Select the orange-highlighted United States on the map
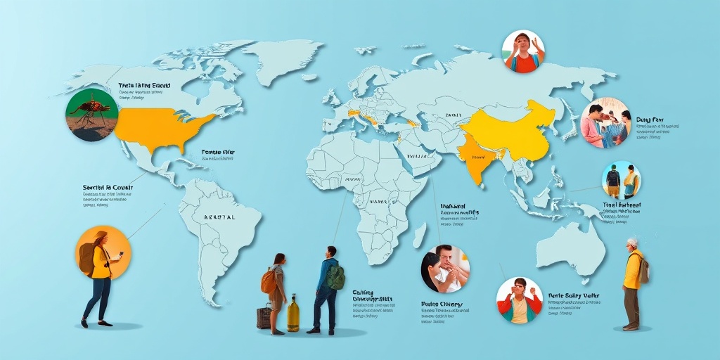pyautogui.click(x=158, y=129)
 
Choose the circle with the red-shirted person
pyautogui.click(x=524, y=51)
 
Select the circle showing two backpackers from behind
pyautogui.click(x=622, y=181)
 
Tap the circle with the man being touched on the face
pyautogui.click(x=446, y=269)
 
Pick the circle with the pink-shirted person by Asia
pyautogui.click(x=605, y=122)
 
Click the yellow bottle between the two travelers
pyautogui.click(x=293, y=314)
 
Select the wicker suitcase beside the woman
pyautogui.click(x=264, y=317)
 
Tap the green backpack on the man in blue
pyautogui.click(x=336, y=276)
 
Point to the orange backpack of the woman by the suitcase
pyautogui.click(x=269, y=281)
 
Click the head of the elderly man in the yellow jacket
pyautogui.click(x=632, y=244)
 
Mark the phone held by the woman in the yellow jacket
pyautogui.click(x=121, y=254)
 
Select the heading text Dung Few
pyautogui.click(x=650, y=120)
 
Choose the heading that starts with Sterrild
pyautogui.click(x=107, y=188)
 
